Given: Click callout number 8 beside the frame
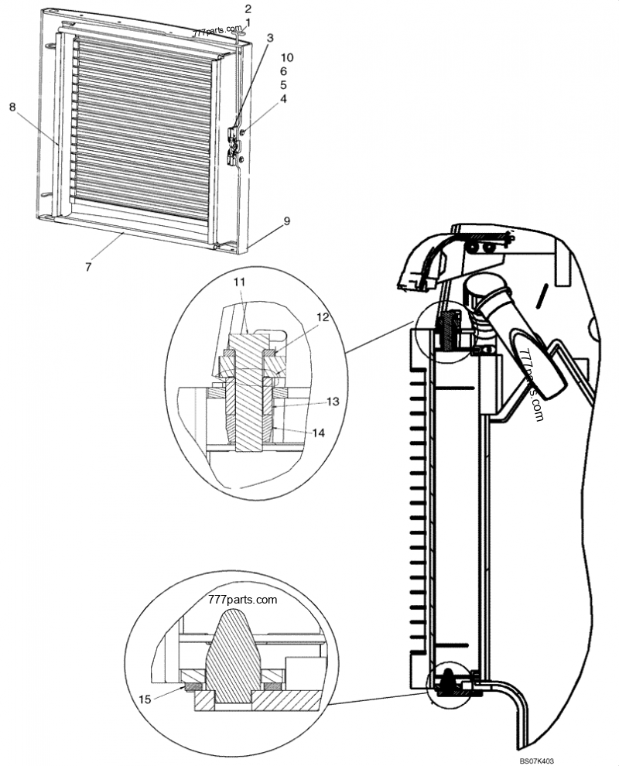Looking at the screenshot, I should pos(12,108).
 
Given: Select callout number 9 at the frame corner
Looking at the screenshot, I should pos(286,221).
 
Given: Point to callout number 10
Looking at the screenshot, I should pos(287,58).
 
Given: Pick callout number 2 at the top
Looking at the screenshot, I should pos(248,9).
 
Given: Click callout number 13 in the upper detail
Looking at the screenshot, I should pos(333,402).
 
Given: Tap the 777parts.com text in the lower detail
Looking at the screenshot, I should pos(243,600).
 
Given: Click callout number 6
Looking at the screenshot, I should pos(283,71).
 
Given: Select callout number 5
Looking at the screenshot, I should pos(283,84).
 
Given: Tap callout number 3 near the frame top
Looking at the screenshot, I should pos(269,37).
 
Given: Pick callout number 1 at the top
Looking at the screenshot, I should pos(248,22).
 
